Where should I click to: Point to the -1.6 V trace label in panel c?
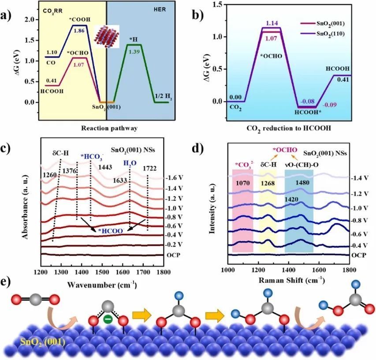coord(172,178)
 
